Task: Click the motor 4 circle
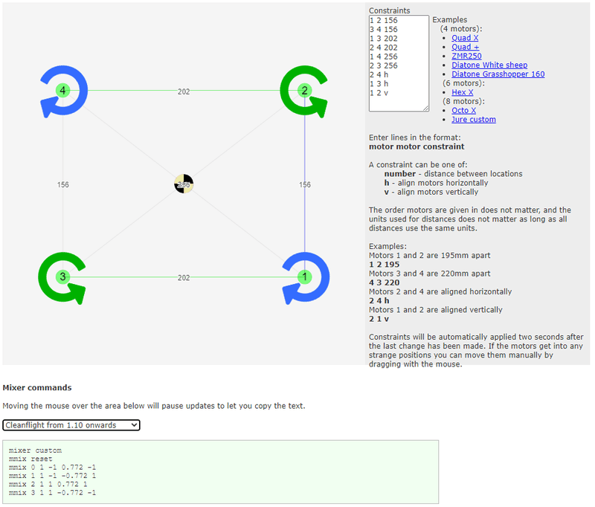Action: (x=62, y=91)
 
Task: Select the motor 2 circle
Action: (x=304, y=91)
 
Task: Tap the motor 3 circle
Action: (x=62, y=277)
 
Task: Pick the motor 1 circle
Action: (x=304, y=277)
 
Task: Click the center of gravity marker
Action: (x=184, y=184)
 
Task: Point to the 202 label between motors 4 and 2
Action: (x=184, y=91)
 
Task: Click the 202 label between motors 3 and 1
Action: (x=184, y=277)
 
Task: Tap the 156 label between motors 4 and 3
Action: (x=62, y=184)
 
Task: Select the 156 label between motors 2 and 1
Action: (x=304, y=184)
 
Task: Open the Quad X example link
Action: (x=465, y=38)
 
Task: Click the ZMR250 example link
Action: (x=466, y=56)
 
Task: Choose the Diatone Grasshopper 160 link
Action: (x=498, y=74)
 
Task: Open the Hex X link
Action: (x=462, y=92)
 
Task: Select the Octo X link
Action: (x=464, y=110)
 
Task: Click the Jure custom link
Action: (x=473, y=119)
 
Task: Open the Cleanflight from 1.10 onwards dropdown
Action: (x=71, y=424)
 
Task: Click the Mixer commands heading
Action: (x=37, y=387)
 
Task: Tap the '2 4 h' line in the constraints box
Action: (x=379, y=74)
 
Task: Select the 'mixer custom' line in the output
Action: (x=35, y=451)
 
